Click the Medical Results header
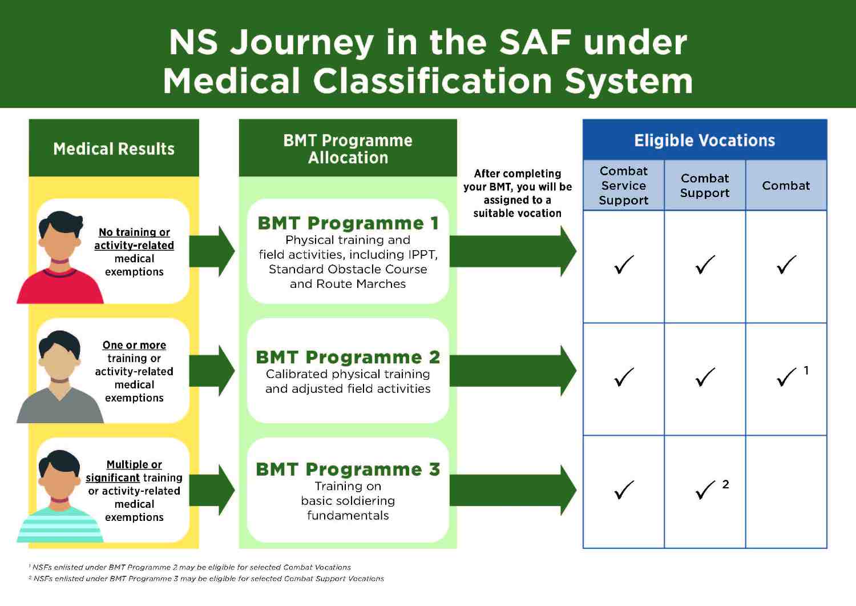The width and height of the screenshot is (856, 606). click(x=114, y=149)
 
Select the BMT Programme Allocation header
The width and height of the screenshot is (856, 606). click(x=348, y=149)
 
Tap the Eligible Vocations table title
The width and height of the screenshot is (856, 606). click(x=704, y=140)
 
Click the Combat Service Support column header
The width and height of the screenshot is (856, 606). click(x=623, y=185)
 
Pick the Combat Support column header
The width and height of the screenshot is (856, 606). click(x=704, y=185)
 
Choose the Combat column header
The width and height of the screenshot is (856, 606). click(x=786, y=185)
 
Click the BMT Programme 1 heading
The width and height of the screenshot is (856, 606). click(x=348, y=223)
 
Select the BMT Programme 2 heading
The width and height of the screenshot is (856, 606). click(x=348, y=357)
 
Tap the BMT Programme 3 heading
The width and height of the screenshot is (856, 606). click(x=348, y=469)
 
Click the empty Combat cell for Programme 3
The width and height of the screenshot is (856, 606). click(x=786, y=491)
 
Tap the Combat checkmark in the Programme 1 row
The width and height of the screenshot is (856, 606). click(x=786, y=264)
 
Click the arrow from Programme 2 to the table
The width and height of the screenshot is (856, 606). click(x=512, y=370)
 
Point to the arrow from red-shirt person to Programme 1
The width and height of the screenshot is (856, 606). click(x=212, y=251)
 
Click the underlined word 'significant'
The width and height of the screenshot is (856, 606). click(x=112, y=477)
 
